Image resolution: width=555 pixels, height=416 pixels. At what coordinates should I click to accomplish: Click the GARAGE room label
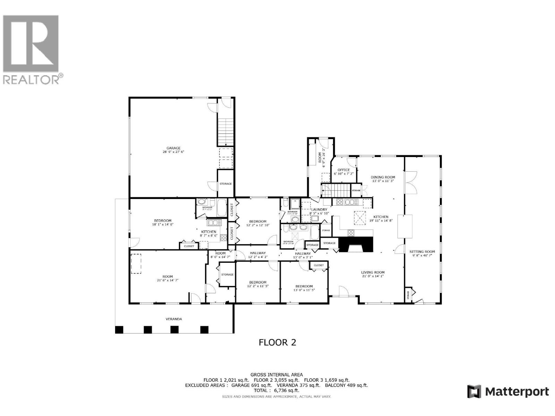tap(173, 148)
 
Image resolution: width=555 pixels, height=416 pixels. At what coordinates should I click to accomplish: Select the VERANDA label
tap(173, 319)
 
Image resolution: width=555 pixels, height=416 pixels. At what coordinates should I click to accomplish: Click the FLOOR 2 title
tap(277, 343)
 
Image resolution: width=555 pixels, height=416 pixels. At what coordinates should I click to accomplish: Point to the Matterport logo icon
tap(474, 392)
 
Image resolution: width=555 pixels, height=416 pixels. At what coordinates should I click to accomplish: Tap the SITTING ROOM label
tap(422, 252)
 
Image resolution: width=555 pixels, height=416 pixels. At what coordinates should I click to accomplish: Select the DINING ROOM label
tap(383, 177)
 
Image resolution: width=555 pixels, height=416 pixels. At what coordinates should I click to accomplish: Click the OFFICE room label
tap(344, 170)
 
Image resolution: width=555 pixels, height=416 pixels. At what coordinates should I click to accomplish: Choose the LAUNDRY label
tap(319, 209)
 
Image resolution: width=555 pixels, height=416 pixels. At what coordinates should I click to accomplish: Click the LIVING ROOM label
tap(373, 272)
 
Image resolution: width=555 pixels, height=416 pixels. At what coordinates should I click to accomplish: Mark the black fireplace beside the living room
tap(356, 244)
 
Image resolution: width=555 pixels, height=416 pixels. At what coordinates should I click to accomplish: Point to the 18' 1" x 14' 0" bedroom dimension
tap(163, 224)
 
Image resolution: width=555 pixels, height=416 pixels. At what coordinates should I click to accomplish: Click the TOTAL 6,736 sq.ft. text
tap(276, 390)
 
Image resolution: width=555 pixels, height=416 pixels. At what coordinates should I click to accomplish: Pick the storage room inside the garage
tap(225, 183)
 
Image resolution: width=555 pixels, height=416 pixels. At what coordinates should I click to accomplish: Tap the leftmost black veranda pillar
tap(119, 330)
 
